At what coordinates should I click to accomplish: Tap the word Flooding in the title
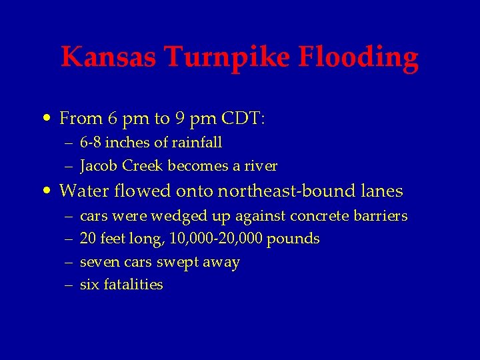pos(358,59)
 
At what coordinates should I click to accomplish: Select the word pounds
pos(293,239)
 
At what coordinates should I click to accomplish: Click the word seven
pos(97,262)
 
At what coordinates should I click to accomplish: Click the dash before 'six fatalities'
pos(69,285)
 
